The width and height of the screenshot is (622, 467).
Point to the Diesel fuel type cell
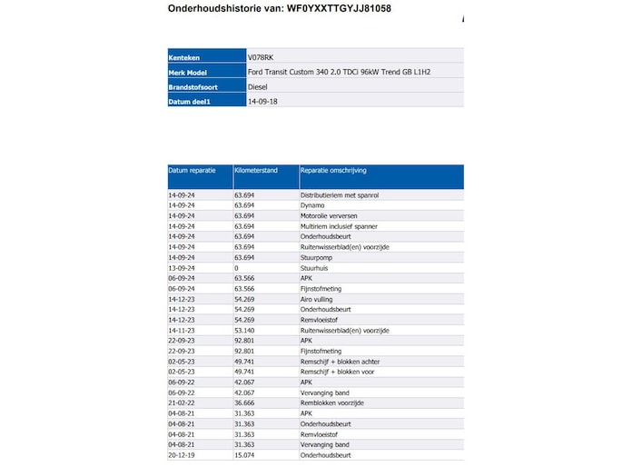pos(259,86)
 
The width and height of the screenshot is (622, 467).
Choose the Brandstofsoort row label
pos(194,86)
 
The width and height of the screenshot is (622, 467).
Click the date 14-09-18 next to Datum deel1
pos(262,102)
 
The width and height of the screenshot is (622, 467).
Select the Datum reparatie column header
pos(192,170)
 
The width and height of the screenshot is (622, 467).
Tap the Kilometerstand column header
pos(256,170)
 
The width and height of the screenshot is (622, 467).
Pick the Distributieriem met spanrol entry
pos(339,194)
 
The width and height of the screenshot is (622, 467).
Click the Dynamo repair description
pos(312,205)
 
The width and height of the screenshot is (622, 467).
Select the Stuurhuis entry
pos(315,268)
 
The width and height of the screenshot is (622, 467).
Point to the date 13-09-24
pos(181,268)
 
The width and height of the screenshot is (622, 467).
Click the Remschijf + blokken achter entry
pos(339,361)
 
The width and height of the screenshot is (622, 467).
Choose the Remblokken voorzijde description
pos(331,402)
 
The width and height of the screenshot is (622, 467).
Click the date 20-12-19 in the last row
pos(181,454)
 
